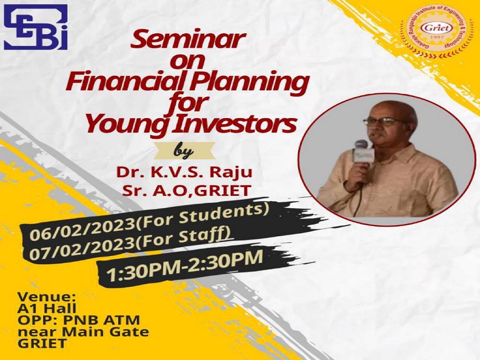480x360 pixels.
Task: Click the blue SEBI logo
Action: (x=36, y=27)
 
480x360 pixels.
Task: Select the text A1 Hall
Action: (x=47, y=309)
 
